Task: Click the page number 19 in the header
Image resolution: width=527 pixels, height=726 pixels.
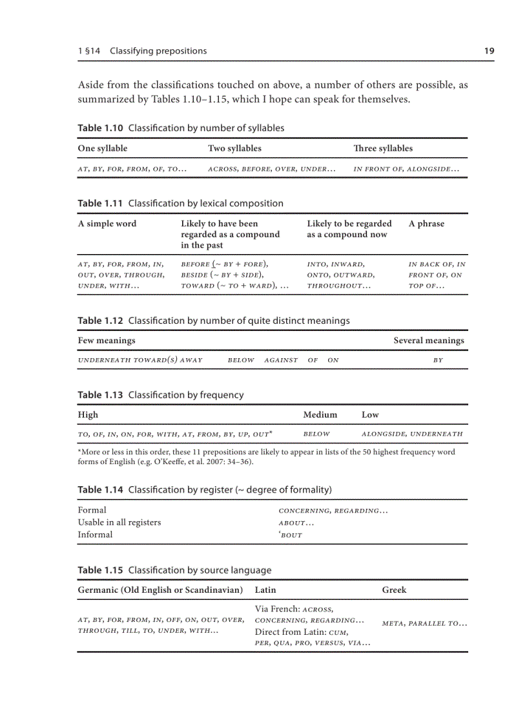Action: tap(489, 51)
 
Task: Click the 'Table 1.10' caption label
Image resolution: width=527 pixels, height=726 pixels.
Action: tap(100, 128)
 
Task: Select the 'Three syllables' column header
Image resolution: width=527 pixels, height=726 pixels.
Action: tap(382, 148)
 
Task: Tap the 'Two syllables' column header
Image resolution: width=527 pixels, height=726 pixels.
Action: tap(234, 148)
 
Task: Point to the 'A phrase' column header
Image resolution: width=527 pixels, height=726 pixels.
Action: tap(426, 224)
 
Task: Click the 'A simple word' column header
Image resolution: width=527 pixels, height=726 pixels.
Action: tap(107, 224)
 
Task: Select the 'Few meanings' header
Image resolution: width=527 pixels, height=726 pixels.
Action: tap(107, 340)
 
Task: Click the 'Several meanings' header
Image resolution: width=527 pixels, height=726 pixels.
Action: tap(428, 340)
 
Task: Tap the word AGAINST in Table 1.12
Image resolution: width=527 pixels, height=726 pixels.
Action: tap(281, 360)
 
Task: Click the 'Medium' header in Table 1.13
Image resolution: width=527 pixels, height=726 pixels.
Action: tap(320, 414)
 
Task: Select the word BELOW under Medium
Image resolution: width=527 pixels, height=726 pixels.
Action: tap(316, 434)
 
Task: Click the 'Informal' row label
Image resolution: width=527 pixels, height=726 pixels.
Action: tap(95, 535)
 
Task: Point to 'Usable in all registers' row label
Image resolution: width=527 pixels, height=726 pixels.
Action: tap(119, 522)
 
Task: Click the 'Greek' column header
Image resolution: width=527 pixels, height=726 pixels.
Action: tap(394, 590)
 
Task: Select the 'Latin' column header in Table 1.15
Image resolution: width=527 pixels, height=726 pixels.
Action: tap(265, 590)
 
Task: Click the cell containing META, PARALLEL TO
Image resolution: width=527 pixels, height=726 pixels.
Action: tap(424, 624)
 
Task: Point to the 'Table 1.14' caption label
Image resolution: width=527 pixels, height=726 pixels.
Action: tap(100, 489)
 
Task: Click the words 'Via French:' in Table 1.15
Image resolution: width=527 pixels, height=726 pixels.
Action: tap(277, 609)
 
